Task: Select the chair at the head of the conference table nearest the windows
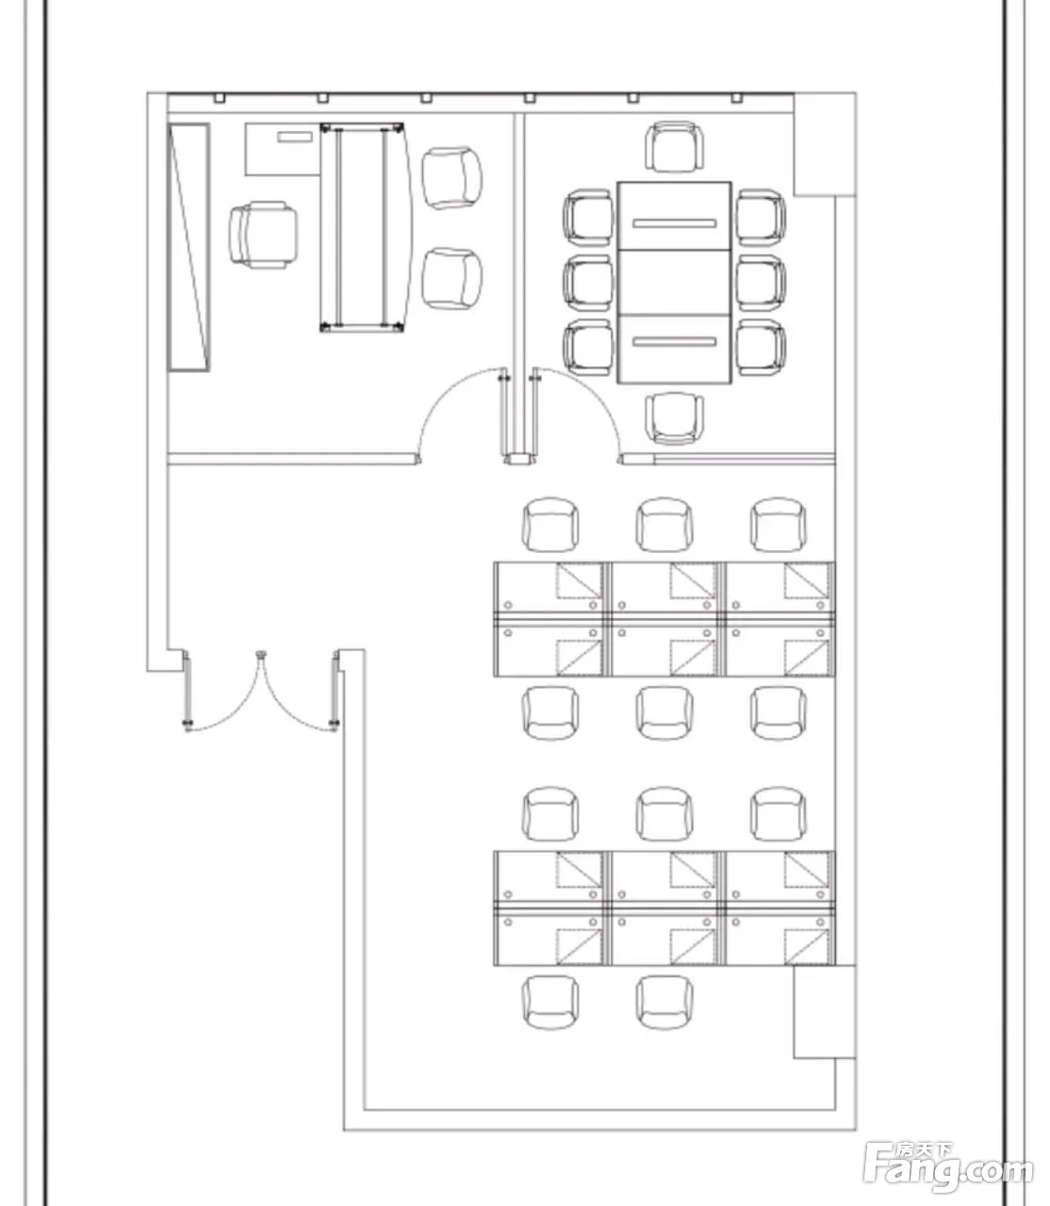click(x=674, y=147)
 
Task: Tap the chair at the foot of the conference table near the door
click(x=674, y=418)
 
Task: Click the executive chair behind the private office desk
click(x=263, y=235)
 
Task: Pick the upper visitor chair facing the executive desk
click(x=451, y=178)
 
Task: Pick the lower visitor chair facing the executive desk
click(x=451, y=279)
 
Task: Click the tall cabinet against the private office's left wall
click(x=189, y=247)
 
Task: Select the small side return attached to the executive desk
click(x=283, y=149)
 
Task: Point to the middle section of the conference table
click(x=675, y=283)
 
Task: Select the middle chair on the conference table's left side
click(x=588, y=283)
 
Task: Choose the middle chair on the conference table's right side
click(x=761, y=283)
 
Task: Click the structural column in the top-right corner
click(x=825, y=144)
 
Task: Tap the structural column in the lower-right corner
click(x=825, y=1012)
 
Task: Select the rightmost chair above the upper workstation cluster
click(x=779, y=525)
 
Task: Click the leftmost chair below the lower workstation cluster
click(x=550, y=1002)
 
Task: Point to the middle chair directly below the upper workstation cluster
click(x=664, y=712)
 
